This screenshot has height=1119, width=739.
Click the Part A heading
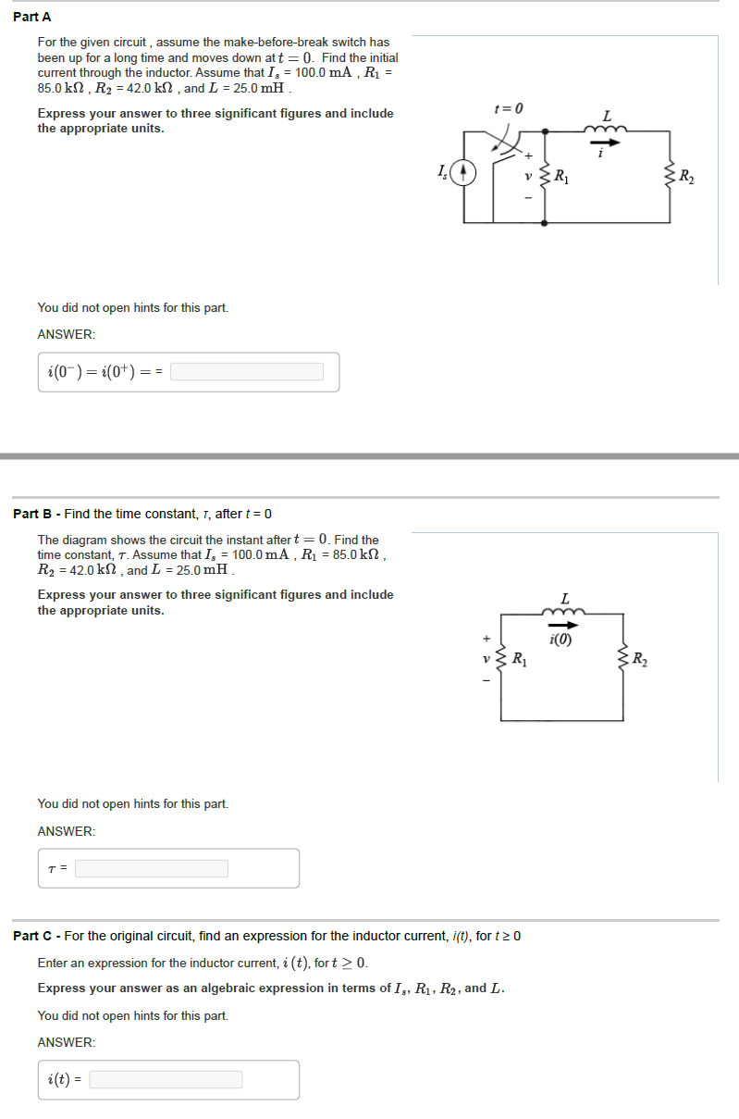[x=32, y=17]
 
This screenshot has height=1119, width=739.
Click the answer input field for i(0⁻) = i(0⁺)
[x=247, y=372]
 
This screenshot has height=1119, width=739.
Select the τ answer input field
[x=152, y=868]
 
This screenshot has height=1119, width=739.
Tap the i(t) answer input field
[x=166, y=1079]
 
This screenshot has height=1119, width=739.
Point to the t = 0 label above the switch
[x=509, y=109]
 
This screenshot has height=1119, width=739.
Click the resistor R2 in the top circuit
[x=670, y=175]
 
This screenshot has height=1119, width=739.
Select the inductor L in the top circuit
[x=606, y=130]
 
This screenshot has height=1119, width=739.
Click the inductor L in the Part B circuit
[x=565, y=612]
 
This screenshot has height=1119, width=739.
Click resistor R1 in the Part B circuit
[x=502, y=660]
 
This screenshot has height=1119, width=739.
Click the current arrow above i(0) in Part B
[x=564, y=626]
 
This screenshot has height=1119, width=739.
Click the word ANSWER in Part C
[x=66, y=1042]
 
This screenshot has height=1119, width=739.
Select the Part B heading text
[x=142, y=514]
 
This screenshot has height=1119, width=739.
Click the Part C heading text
[x=266, y=936]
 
